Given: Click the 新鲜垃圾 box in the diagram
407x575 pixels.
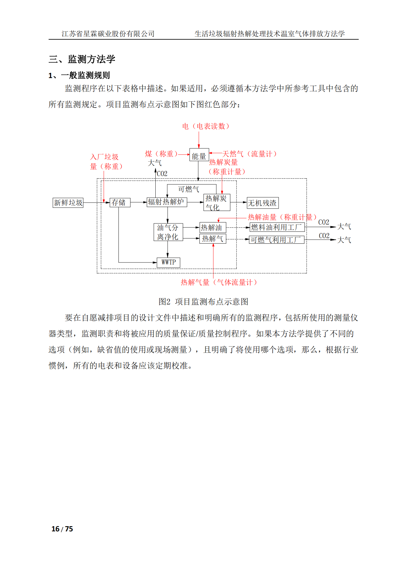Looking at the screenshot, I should (x=68, y=203).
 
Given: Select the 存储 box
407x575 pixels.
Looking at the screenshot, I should (x=120, y=203).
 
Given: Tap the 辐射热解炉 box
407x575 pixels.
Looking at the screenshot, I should (x=167, y=202).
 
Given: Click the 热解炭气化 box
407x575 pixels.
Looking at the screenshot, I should (x=217, y=203).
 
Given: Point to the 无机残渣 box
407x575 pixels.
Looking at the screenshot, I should (x=262, y=203).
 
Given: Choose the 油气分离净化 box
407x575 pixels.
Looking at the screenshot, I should (x=168, y=232).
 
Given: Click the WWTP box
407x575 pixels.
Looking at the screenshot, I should (x=168, y=262).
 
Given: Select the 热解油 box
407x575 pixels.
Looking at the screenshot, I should (x=213, y=228).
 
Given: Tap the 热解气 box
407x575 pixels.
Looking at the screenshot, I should (x=213, y=239).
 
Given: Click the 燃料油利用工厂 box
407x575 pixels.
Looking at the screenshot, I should (x=277, y=227).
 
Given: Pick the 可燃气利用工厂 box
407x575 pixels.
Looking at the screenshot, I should (x=276, y=240).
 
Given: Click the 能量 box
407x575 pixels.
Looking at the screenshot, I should (x=199, y=156).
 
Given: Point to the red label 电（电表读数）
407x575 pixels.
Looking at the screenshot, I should (x=205, y=126).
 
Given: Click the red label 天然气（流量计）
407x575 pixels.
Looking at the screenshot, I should (x=249, y=154).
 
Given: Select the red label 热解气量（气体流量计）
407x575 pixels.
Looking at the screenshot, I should (x=219, y=282).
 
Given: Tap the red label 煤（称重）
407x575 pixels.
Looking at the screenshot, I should (x=162, y=154).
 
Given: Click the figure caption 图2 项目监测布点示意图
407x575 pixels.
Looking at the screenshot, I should (x=203, y=302).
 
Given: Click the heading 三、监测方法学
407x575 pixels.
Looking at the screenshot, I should (x=82, y=59).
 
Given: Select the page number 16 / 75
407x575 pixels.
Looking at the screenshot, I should (x=62, y=529).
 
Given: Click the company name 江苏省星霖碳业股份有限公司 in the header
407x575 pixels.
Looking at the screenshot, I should (x=108, y=34).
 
